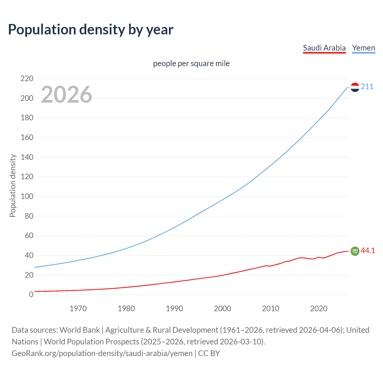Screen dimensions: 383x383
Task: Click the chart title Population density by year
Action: (91, 30)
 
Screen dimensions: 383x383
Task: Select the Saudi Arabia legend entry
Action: (324, 48)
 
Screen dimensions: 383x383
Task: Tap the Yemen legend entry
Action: (363, 48)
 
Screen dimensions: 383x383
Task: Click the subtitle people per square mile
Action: (191, 64)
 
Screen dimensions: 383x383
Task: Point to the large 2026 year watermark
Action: (66, 95)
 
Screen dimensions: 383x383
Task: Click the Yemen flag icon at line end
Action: (355, 87)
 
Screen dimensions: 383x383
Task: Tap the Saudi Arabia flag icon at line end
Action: (355, 251)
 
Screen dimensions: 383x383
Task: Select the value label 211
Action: (367, 87)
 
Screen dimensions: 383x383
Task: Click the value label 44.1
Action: (368, 251)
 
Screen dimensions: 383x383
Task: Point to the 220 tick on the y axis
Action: (27, 79)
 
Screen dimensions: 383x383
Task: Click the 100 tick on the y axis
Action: (27, 197)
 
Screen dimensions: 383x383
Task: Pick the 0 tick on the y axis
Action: (31, 295)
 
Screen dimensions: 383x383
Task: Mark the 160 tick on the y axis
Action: (27, 138)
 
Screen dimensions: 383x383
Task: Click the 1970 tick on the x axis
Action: (78, 308)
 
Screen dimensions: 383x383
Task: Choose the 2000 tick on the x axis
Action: (222, 308)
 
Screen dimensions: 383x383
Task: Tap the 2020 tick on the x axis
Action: (319, 308)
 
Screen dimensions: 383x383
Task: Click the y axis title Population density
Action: (13, 186)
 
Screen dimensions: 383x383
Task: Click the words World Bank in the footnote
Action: (80, 330)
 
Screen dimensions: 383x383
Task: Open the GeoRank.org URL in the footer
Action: (102, 353)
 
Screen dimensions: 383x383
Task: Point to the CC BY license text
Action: (209, 353)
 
